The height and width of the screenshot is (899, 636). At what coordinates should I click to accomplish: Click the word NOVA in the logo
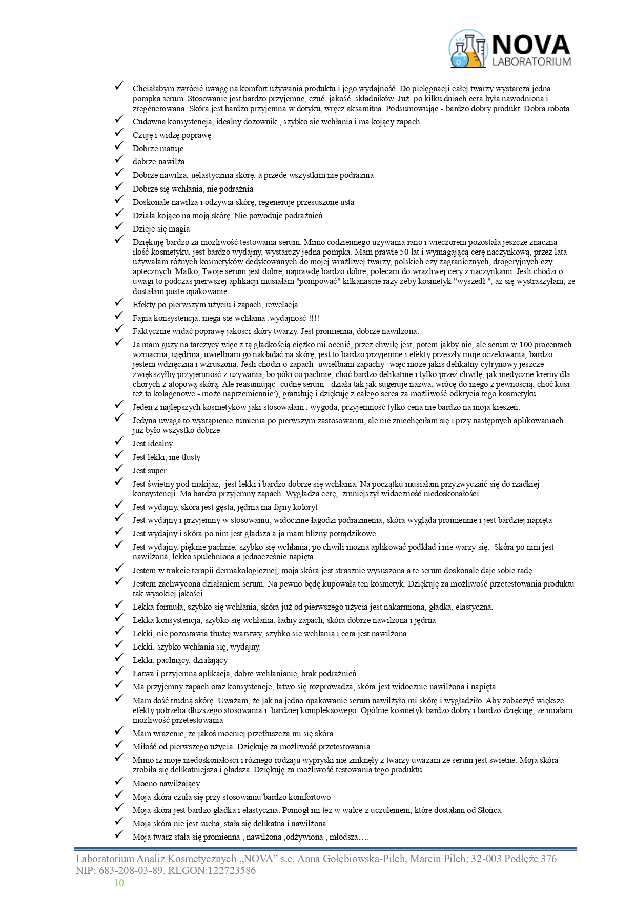point(530,45)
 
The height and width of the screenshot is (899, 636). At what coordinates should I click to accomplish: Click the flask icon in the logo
point(467,49)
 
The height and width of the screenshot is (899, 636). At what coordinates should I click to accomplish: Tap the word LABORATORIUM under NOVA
point(531,62)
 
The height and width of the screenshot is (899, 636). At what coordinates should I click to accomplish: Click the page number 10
point(119,882)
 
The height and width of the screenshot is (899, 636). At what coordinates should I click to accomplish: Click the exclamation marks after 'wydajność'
point(314,318)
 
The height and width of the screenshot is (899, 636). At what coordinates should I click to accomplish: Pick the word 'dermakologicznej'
point(245,571)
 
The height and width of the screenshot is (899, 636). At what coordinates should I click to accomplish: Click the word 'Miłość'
point(144,747)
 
